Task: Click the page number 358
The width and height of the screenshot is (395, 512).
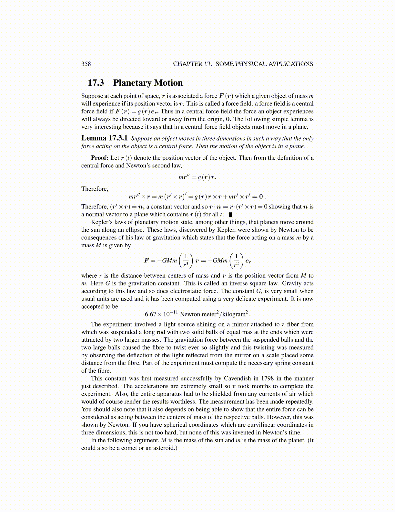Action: click(x=86, y=64)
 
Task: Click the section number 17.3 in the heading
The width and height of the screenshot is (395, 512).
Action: click(x=96, y=83)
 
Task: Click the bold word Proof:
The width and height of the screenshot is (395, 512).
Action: click(x=99, y=158)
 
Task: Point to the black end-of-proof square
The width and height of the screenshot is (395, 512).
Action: click(x=230, y=214)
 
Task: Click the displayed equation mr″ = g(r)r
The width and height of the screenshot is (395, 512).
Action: click(x=197, y=177)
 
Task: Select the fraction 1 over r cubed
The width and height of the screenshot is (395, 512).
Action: click(x=186, y=261)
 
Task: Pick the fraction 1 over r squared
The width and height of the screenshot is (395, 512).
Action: click(x=237, y=261)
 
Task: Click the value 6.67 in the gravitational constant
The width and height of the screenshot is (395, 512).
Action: click(x=151, y=314)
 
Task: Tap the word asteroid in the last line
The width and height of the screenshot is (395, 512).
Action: click(x=163, y=448)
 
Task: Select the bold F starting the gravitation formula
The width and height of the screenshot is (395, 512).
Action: click(x=147, y=261)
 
